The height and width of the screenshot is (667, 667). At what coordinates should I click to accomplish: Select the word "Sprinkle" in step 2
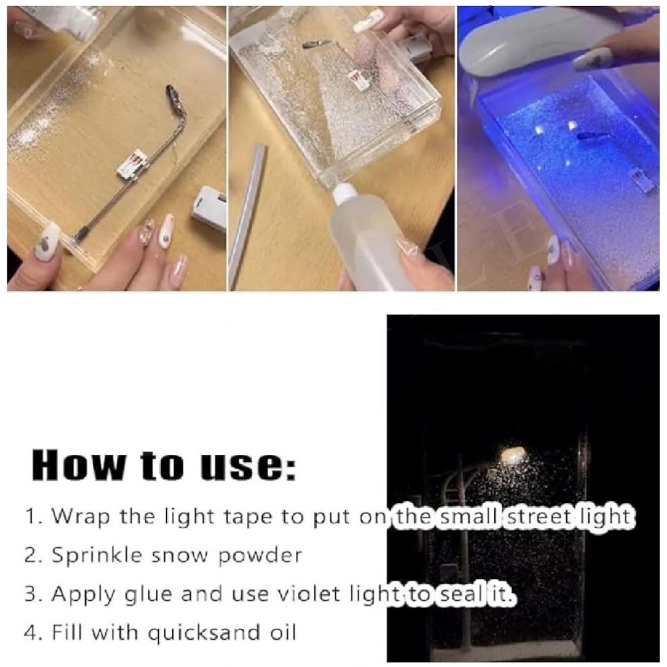click(97, 555)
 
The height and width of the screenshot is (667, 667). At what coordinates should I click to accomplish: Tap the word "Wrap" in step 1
click(81, 517)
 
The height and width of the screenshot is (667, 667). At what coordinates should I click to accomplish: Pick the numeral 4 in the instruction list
click(31, 632)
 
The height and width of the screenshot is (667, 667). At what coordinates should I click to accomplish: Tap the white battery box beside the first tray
click(208, 207)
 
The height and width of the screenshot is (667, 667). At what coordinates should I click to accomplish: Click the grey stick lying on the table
click(248, 216)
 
